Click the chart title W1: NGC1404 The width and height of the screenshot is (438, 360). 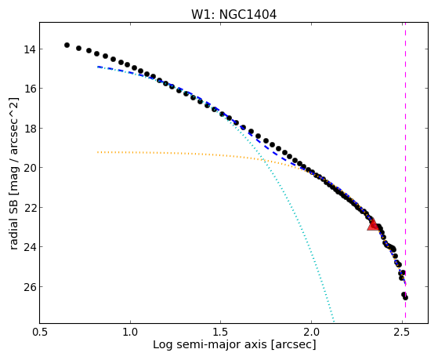coord(233,15)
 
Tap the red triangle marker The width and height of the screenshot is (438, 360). coord(373,224)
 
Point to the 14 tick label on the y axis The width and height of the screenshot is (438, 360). coord(30,49)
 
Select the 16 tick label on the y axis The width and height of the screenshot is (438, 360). coord(30,89)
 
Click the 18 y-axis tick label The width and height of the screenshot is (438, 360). coord(30,129)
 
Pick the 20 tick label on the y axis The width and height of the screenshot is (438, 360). coord(30,168)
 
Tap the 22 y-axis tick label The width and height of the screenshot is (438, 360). coord(30,208)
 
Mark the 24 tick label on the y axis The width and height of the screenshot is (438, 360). coord(30,247)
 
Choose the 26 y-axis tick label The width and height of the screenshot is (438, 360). coord(30,287)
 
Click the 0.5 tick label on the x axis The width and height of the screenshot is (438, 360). coord(40,332)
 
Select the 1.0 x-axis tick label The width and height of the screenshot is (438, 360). coord(130,332)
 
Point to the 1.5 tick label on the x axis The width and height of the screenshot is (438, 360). coord(221,332)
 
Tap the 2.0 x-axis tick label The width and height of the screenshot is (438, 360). coord(311,332)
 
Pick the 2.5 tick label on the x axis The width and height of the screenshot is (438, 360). coord(402,332)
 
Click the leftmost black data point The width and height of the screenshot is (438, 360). coord(67,45)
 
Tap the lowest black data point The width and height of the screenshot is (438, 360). coord(405,297)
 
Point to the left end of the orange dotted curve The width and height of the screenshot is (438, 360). coord(97,152)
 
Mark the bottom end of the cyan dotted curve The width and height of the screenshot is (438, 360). coord(334,322)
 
